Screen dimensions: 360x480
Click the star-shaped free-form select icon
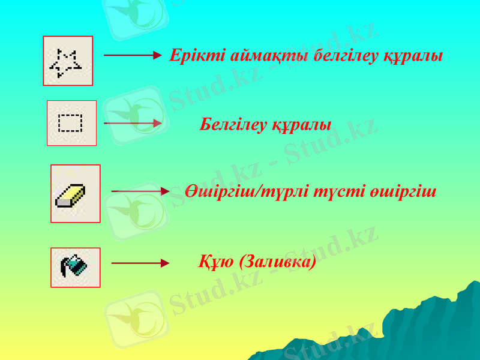point(67,61)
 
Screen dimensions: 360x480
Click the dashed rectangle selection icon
point(71,123)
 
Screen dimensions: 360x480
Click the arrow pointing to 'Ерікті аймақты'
point(132,56)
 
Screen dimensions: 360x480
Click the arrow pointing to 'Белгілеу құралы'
point(132,123)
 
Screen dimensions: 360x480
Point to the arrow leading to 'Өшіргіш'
point(140,191)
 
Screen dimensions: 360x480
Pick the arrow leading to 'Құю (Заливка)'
point(140,263)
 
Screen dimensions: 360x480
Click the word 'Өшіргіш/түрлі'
point(248,193)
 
